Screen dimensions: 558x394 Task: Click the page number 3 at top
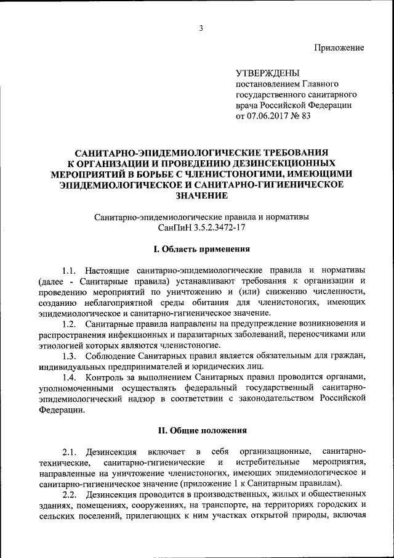(x=201, y=27)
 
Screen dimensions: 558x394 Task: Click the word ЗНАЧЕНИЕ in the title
(x=201, y=195)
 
